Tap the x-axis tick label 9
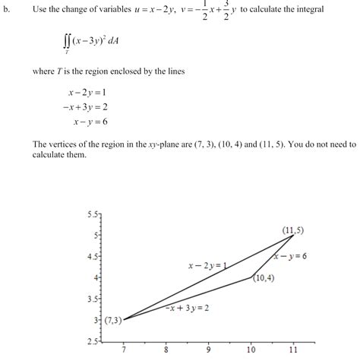(x=208, y=353)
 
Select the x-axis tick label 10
(x=251, y=353)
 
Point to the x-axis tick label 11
(x=293, y=353)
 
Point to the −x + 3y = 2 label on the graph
(x=187, y=308)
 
